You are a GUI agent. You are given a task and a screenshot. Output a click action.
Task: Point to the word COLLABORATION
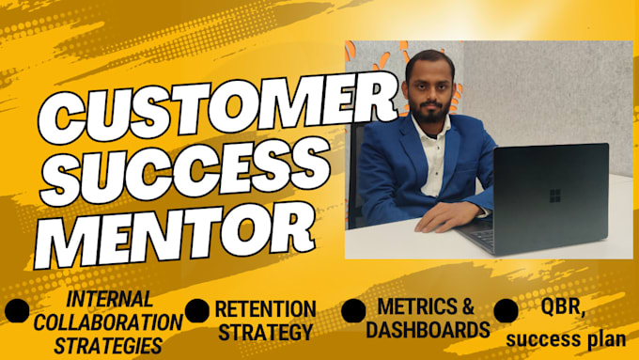tap(104, 321)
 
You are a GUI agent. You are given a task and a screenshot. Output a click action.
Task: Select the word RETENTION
tap(264, 308)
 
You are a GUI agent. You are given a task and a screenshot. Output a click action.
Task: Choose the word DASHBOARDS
tap(428, 329)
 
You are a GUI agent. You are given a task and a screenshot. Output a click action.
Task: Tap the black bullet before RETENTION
tap(197, 311)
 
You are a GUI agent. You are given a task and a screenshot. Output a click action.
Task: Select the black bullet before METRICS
tap(352, 310)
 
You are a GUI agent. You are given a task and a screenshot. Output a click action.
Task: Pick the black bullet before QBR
tap(507, 311)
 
